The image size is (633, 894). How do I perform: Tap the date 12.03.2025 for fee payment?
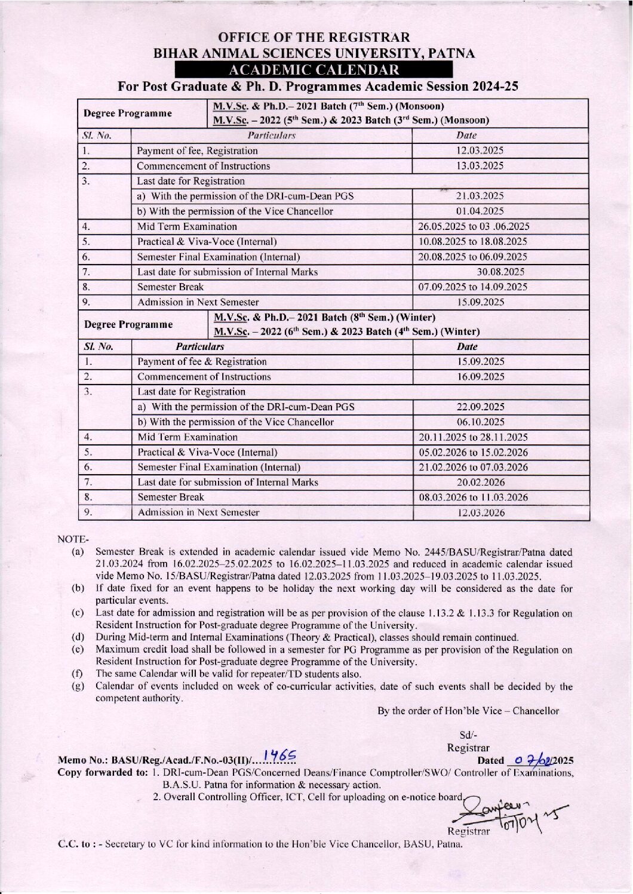coord(480,150)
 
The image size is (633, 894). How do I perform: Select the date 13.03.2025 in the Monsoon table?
coord(480,166)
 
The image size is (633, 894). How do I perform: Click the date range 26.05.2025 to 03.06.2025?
coord(473,226)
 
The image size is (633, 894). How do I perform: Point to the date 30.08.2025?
coord(500,272)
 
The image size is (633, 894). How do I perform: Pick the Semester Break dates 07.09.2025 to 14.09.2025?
coord(472,287)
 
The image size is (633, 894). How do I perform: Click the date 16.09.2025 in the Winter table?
coord(480,377)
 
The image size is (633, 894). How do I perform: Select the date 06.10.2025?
coord(480,422)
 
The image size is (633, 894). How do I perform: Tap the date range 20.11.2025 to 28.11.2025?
coord(473,437)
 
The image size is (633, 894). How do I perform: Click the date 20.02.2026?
coord(480,482)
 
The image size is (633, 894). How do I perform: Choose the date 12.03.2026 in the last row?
coord(481,512)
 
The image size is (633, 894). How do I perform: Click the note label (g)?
coord(78,686)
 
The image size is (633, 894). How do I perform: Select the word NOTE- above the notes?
coord(73,539)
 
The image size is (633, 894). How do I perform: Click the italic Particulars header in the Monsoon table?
coord(271,136)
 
